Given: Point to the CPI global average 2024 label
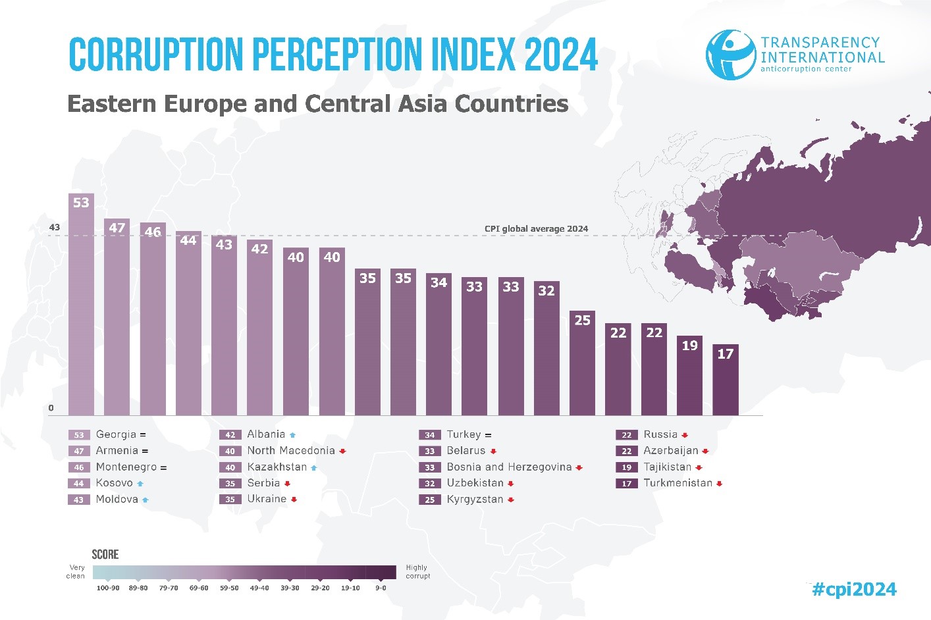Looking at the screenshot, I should pos(536,229).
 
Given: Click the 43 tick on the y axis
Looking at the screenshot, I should pos(54,228).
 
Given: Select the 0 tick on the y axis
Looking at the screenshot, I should pos(51,408).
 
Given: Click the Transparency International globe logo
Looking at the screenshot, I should pos(730,54).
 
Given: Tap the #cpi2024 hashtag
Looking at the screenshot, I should pos(854,589).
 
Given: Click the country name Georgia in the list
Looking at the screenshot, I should pos(116,434).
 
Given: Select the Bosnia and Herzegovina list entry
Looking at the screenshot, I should pos(509,467).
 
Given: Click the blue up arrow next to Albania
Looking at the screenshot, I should pos(292,435).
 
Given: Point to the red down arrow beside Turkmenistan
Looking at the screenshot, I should pos(719,484).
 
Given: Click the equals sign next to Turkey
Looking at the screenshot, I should pos(488,435).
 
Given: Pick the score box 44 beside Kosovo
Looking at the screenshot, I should pos(78,484).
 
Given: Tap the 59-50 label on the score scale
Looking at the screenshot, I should pos(229,588).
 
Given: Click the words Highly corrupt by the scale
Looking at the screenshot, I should pos(417,571).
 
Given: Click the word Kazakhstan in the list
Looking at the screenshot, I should pos(277,467).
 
